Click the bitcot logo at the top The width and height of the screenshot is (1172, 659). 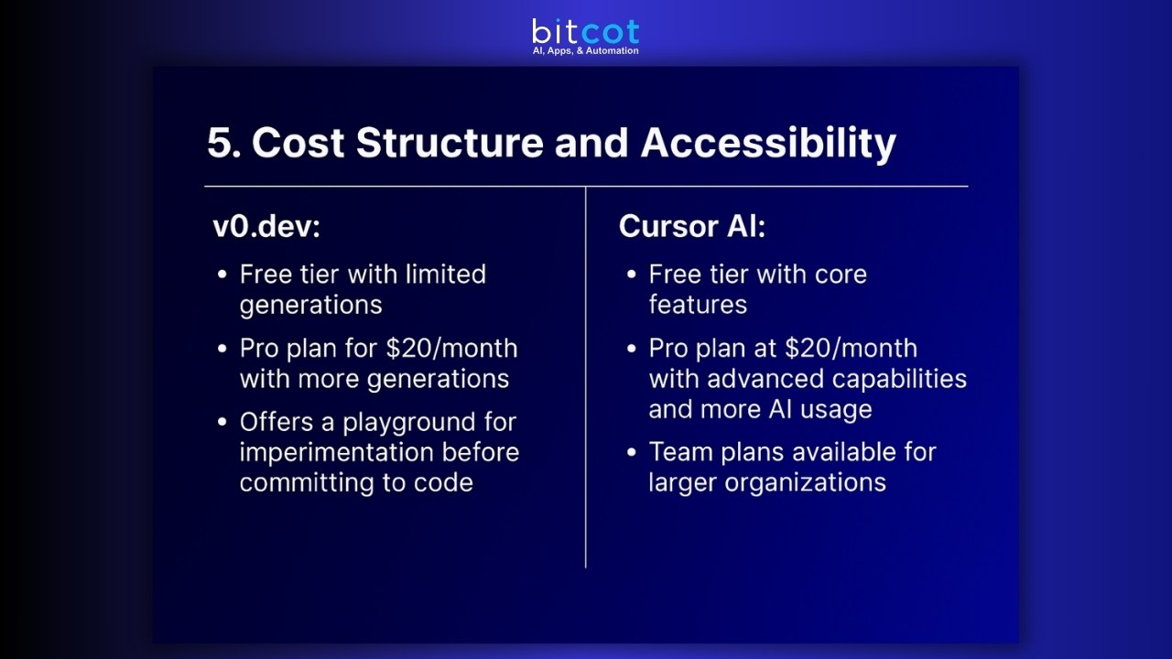point(585,32)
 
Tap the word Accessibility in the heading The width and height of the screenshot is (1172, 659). point(767,144)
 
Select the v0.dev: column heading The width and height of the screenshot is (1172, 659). point(266,226)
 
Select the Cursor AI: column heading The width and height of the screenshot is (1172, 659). point(691,226)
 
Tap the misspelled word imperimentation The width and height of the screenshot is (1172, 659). point(336,452)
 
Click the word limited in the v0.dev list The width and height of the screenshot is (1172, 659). point(445,275)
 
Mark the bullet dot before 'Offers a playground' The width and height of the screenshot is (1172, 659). point(222,423)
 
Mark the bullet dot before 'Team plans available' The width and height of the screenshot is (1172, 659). point(632,452)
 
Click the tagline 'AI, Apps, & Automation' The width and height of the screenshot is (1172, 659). point(585,51)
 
